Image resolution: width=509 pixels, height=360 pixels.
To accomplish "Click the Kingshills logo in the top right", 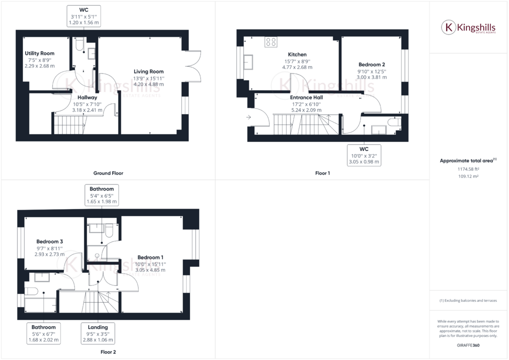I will (x=468, y=27).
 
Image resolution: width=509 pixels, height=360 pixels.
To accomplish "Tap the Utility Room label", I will (x=39, y=53).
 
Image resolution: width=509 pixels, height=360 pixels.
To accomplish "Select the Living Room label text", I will (x=148, y=71).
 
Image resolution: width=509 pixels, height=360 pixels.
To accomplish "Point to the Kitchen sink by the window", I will (x=248, y=62).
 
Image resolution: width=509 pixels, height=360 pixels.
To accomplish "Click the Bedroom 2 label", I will (x=371, y=64).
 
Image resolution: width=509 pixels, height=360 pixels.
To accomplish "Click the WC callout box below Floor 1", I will (x=363, y=155).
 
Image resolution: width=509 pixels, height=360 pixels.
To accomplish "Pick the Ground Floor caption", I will (x=108, y=173).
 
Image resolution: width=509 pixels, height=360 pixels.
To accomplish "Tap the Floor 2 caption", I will (x=108, y=352).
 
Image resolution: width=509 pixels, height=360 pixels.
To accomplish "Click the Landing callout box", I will (x=98, y=333).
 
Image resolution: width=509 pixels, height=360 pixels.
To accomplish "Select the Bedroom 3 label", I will (x=49, y=241).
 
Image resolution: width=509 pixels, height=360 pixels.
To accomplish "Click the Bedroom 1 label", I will (x=150, y=257).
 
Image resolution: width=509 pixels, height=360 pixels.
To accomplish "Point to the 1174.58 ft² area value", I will (x=469, y=169).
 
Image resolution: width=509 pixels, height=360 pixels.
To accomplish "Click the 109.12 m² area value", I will (x=469, y=176).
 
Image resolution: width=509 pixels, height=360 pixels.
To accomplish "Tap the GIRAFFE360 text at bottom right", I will (x=469, y=345).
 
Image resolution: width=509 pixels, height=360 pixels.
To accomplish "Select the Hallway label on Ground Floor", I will (x=87, y=97).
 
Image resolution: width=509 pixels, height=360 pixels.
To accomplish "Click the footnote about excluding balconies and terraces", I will (x=469, y=300).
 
